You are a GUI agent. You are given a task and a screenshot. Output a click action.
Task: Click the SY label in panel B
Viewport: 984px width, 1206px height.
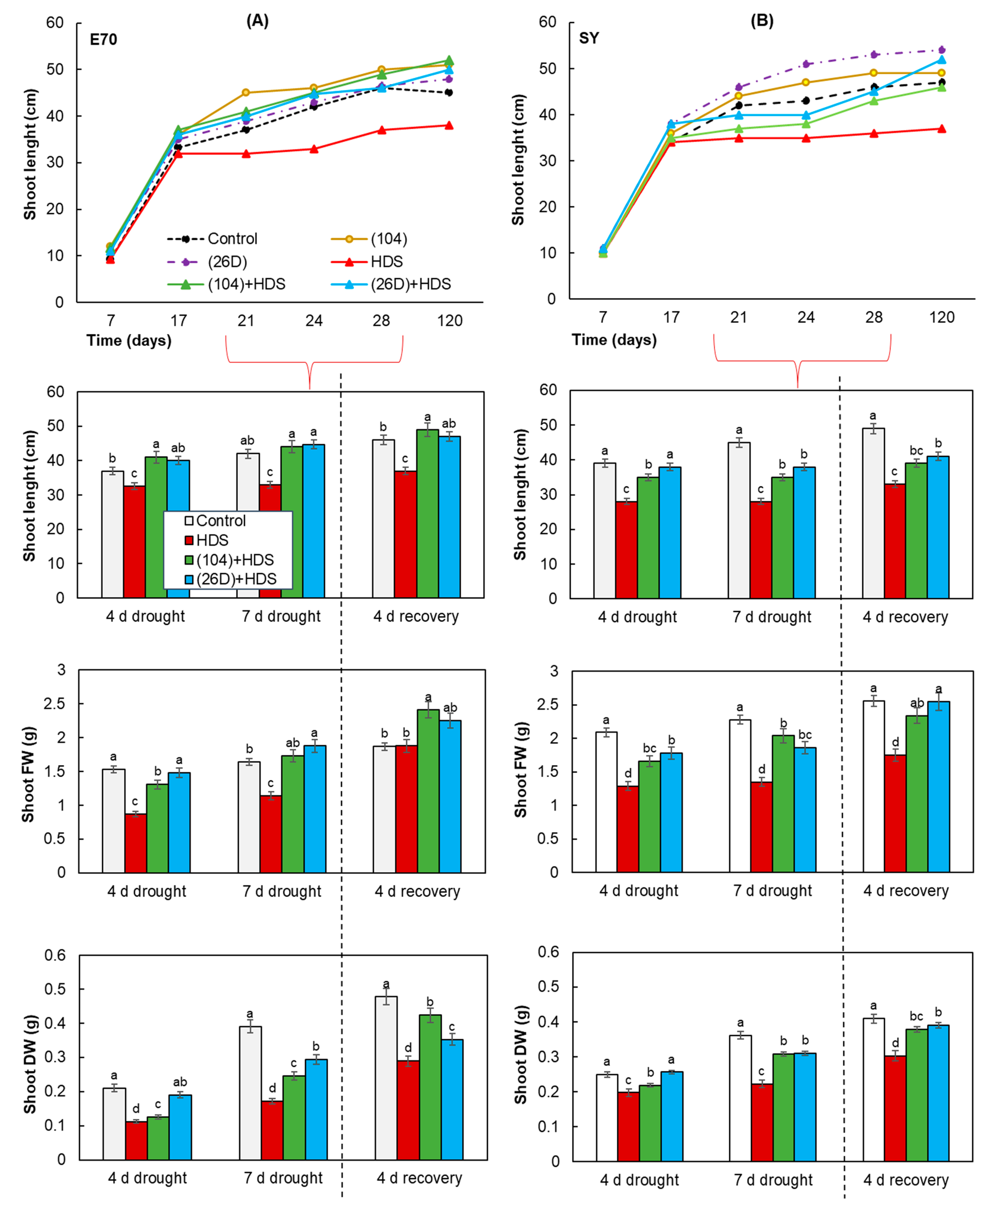pyautogui.click(x=589, y=39)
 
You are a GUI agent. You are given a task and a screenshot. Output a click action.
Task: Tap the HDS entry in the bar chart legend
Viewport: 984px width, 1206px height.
pyautogui.click(x=211, y=540)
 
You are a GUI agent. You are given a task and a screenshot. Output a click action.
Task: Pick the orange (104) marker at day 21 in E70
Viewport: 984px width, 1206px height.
pyautogui.click(x=246, y=92)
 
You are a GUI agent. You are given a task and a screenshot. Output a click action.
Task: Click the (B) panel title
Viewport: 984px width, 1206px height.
pyautogui.click(x=762, y=21)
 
